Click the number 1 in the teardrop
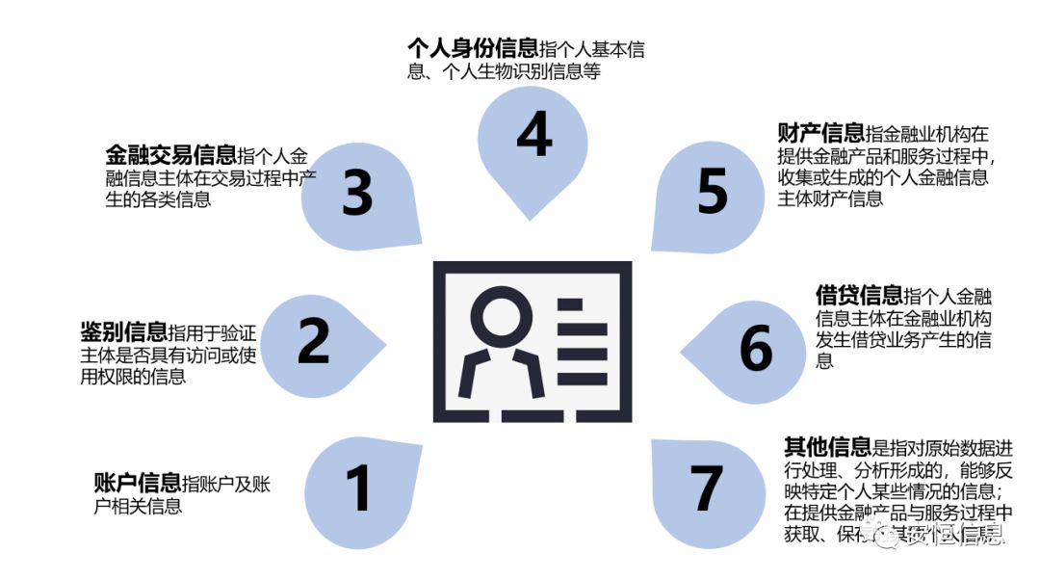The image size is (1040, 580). (x=357, y=488)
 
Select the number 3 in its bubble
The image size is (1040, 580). (x=357, y=193)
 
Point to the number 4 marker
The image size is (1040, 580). (x=533, y=135)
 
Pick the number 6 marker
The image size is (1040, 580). (x=756, y=348)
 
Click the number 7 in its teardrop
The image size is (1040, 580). (x=707, y=488)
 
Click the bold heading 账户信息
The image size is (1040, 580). (x=137, y=484)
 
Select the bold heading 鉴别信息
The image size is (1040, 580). (x=123, y=333)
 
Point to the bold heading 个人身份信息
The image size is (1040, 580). (x=473, y=49)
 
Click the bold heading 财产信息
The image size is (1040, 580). (x=820, y=132)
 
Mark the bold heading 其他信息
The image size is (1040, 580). (x=827, y=446)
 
